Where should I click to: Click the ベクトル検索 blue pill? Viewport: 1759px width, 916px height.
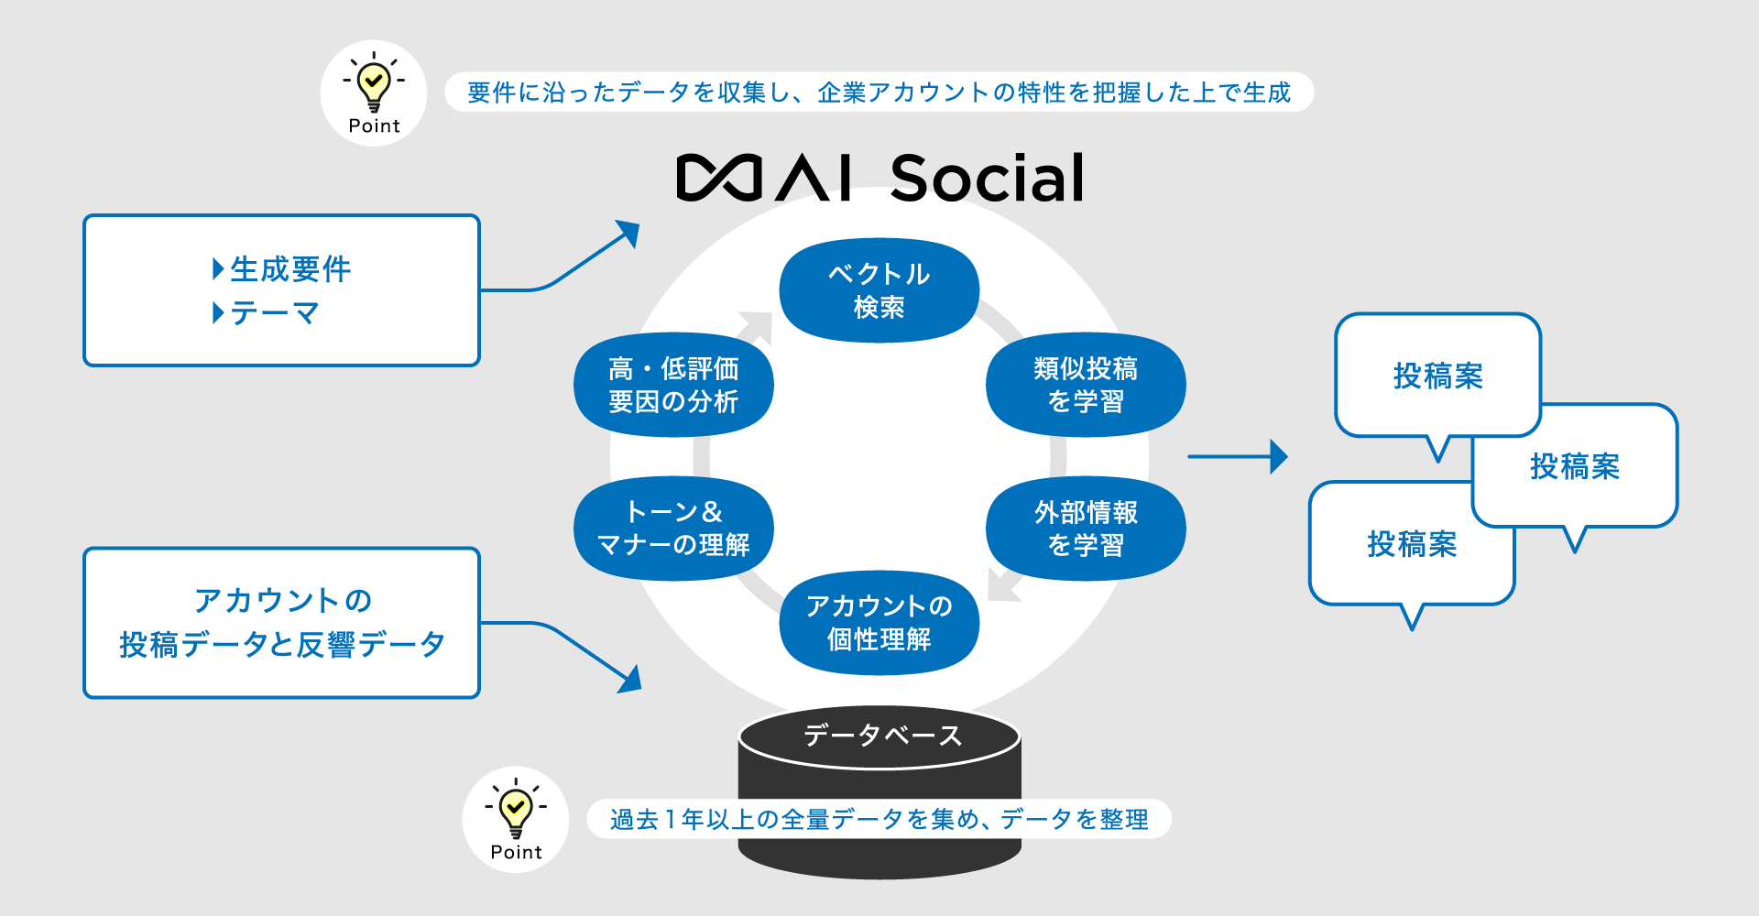[x=879, y=290]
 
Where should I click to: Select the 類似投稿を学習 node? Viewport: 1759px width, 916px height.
[x=1085, y=385]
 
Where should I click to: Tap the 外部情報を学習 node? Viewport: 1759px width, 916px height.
[x=1085, y=529]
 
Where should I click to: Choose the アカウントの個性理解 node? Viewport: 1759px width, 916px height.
[x=879, y=623]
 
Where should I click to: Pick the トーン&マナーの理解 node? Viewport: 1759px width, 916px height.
[x=673, y=529]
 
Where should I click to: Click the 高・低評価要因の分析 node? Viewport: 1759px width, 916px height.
[x=673, y=385]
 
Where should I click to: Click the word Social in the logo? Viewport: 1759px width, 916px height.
[x=987, y=179]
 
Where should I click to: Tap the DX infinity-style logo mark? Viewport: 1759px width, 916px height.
[x=719, y=178]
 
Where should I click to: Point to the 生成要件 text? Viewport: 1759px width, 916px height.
[x=290, y=269]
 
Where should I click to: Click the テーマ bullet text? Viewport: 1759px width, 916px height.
[x=274, y=313]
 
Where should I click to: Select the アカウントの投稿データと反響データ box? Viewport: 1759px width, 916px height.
[x=281, y=623]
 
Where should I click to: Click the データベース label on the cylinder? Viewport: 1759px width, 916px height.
[x=881, y=736]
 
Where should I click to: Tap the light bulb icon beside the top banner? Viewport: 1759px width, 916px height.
[x=374, y=83]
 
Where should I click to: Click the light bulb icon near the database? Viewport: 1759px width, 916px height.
[x=516, y=809]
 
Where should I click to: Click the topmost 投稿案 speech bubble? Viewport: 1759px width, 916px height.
[x=1437, y=376]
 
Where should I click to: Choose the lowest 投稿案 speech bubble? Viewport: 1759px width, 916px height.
[x=1411, y=545]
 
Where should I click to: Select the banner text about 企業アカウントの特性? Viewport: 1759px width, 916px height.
[x=879, y=93]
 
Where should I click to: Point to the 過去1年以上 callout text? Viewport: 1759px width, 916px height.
[x=879, y=819]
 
